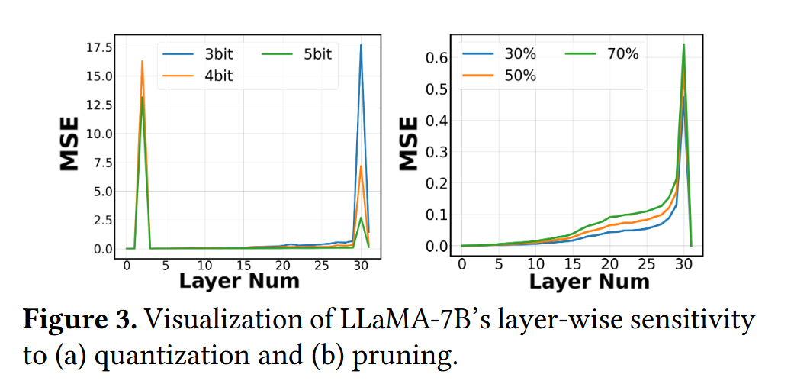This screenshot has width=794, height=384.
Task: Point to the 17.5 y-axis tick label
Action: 97,47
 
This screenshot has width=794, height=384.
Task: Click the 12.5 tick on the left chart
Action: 97,105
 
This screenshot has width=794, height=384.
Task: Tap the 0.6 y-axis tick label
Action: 435,58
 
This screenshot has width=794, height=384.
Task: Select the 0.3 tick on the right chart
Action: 435,152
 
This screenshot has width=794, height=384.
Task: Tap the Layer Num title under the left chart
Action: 239,280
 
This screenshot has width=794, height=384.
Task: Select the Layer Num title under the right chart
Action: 589,280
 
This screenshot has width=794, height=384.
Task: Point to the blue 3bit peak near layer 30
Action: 361,46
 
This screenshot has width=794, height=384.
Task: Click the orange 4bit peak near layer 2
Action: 142,61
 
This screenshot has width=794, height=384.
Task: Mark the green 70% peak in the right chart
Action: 683,44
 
